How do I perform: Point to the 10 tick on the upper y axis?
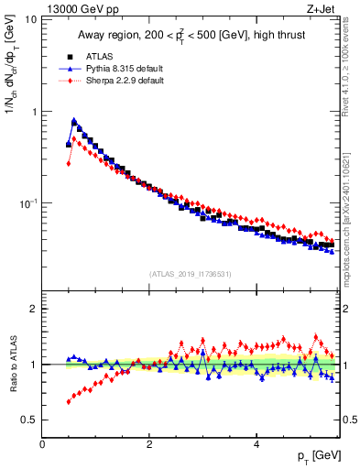[29, 19]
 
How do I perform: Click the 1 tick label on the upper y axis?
[33, 112]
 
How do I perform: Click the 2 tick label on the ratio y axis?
[33, 309]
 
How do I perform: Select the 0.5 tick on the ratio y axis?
[29, 420]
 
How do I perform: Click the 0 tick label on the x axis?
[43, 443]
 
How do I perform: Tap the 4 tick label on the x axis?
[256, 443]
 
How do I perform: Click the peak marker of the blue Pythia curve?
[74, 120]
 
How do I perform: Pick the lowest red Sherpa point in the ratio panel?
[69, 401]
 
